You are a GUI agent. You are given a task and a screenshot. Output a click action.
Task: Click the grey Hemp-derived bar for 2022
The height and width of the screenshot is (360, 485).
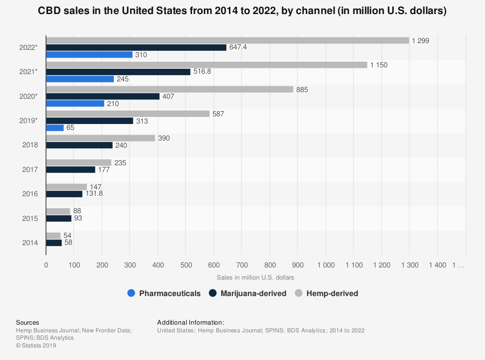(227, 41)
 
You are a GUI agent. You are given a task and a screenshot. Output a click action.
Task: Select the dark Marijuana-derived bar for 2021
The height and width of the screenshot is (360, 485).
(118, 72)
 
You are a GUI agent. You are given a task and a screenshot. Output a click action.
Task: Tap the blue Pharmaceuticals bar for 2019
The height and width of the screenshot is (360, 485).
(55, 128)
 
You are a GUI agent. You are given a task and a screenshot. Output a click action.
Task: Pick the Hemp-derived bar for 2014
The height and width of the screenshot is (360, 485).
(53, 235)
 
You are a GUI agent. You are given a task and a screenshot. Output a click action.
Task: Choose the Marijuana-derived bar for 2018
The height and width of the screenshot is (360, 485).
(81, 145)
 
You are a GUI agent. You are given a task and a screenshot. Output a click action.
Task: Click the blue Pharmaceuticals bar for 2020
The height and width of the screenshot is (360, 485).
(75, 104)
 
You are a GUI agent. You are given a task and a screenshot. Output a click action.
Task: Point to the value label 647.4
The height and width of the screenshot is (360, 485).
(240, 47)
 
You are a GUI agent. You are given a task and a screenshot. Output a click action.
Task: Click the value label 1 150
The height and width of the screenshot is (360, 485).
(378, 65)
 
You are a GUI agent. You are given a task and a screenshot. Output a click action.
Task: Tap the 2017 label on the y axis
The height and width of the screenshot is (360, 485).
(30, 170)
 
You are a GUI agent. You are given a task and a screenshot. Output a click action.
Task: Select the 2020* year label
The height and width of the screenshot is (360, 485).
(29, 96)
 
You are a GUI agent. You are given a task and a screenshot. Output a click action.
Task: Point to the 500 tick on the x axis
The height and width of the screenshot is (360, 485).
(186, 266)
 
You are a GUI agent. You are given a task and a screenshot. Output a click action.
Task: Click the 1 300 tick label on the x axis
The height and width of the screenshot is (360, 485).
(409, 266)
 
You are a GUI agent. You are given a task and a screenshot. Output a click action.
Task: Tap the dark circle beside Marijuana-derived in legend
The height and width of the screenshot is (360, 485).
(212, 293)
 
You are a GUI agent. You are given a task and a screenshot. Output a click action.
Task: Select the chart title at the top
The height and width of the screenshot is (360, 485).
(242, 11)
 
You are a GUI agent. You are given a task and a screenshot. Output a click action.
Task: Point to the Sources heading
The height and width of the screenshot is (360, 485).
(28, 322)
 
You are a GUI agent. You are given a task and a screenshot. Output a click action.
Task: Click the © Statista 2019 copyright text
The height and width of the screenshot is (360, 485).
(36, 345)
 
